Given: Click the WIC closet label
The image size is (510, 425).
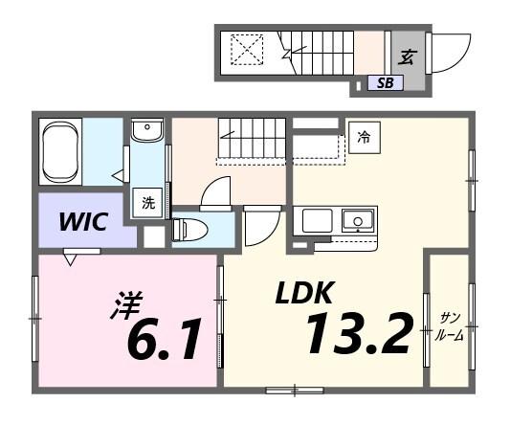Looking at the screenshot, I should [83, 222].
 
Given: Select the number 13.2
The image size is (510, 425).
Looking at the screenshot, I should [359, 331].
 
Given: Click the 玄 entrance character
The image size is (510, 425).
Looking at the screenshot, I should [406, 56].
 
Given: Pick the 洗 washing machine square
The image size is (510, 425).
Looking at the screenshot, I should [148, 203].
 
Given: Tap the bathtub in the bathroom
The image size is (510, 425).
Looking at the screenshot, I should [61, 150].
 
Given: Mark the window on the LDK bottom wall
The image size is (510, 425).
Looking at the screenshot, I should [295, 389].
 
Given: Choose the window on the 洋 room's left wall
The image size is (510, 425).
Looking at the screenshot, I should [35, 316].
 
